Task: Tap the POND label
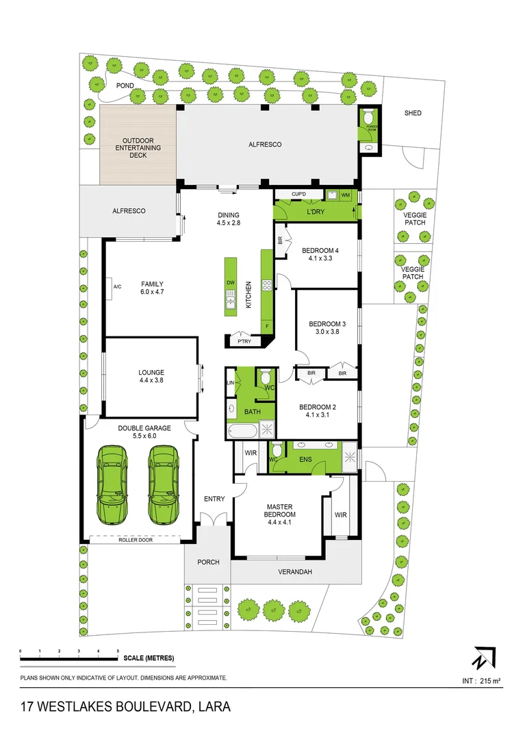[125, 86]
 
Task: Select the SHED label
[413, 113]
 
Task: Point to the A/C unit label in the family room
[117, 286]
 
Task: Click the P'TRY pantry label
[243, 341]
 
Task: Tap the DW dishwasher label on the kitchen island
[231, 282]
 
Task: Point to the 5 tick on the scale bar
[118, 651]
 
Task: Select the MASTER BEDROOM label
[280, 511]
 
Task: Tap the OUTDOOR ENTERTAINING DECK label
[137, 148]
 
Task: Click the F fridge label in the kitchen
[267, 326]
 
